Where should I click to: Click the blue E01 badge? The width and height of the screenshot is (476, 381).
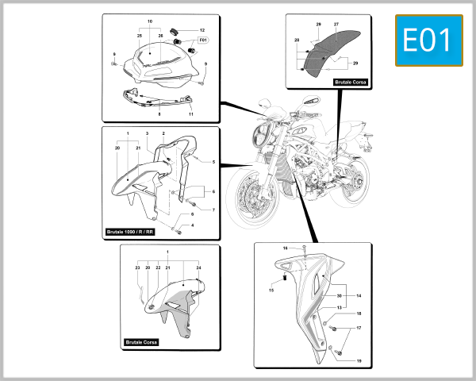point(428,40)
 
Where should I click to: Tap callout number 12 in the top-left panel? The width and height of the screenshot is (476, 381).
point(201,29)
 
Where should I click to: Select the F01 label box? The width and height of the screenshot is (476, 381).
point(202,40)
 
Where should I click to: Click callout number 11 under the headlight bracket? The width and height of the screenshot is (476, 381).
point(191,114)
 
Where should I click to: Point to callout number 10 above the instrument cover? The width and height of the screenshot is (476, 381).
point(150,21)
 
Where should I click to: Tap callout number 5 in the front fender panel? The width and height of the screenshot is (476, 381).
point(213,162)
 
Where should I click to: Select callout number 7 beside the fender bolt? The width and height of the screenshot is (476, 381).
point(213,210)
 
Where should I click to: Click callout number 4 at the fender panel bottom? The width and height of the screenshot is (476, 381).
point(191,225)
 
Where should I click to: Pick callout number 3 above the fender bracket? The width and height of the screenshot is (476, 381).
point(147,134)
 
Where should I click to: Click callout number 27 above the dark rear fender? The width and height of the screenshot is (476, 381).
point(336,25)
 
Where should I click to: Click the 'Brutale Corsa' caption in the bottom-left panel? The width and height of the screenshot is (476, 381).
point(141,342)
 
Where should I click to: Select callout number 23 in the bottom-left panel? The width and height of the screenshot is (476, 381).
point(136,268)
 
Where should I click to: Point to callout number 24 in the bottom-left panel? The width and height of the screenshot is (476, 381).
point(198,268)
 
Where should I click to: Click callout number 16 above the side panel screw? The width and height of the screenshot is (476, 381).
point(284,248)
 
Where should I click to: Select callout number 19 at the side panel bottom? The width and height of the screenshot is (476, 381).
point(359,361)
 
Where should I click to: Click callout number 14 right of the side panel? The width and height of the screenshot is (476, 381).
point(359,295)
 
